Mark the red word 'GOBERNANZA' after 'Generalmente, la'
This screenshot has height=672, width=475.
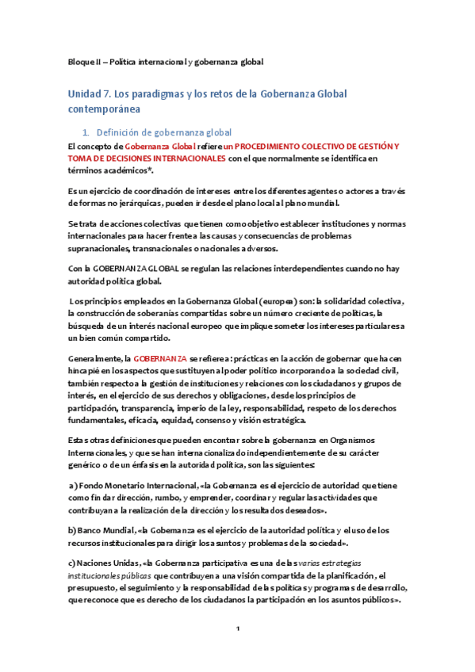point(160,358)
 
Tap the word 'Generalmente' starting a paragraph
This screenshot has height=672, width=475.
point(95,358)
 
